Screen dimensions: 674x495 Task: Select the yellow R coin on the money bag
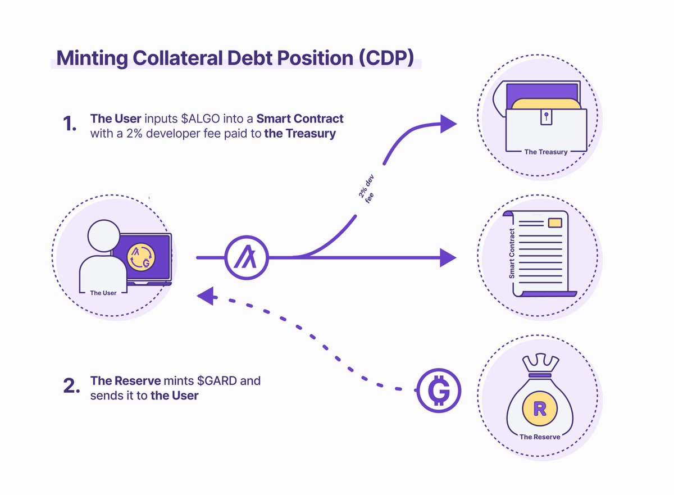[x=539, y=408]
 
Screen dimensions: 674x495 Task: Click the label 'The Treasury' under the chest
[x=545, y=152]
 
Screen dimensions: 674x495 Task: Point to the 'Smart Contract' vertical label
[x=512, y=254]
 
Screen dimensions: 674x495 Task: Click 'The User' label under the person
[x=103, y=293]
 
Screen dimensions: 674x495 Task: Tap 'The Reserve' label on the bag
[x=539, y=437]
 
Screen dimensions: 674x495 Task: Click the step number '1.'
[x=70, y=125]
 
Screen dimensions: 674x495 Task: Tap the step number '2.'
[x=71, y=387]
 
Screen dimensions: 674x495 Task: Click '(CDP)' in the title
[x=388, y=58]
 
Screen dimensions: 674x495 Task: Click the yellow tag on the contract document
[x=554, y=223]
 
